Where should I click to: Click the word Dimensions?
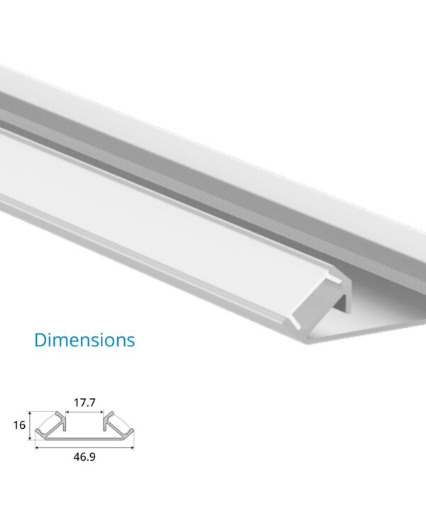pyautogui.click(x=84, y=339)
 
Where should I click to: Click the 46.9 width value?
pyautogui.click(x=85, y=457)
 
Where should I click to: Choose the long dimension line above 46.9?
pyautogui.click(x=85, y=448)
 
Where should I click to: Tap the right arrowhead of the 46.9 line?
pyautogui.click(x=133, y=448)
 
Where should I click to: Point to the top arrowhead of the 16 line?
pyautogui.click(x=31, y=413)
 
